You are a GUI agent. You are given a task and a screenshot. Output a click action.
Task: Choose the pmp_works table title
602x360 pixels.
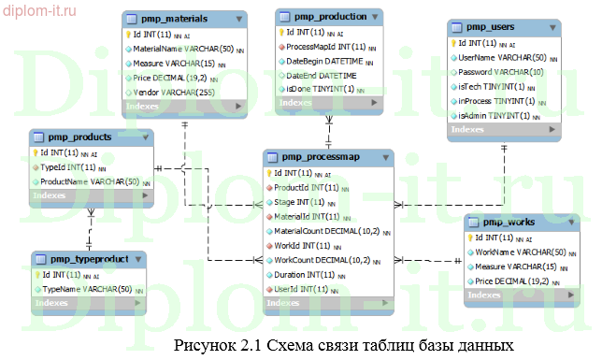(509, 222)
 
